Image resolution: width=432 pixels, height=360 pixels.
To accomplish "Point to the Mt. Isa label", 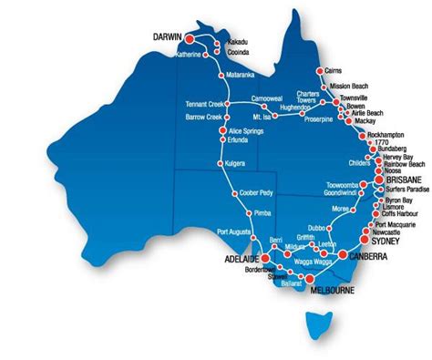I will click(x=262, y=117).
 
